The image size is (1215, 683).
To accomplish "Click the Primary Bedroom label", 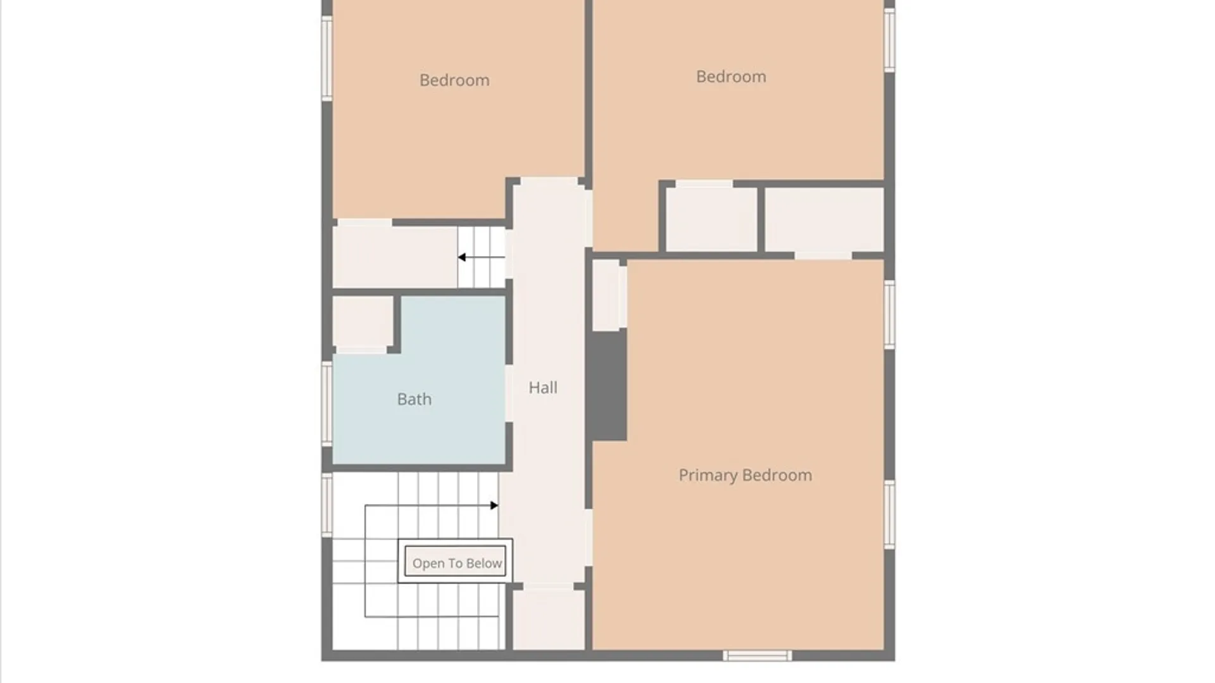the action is pyautogui.click(x=745, y=475).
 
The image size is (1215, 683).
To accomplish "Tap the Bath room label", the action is pyautogui.click(x=414, y=399).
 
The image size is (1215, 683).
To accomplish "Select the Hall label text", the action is pyautogui.click(x=543, y=388).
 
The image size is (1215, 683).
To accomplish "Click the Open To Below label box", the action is pyautogui.click(x=456, y=561).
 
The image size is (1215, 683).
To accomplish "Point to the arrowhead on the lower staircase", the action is pyautogui.click(x=494, y=505).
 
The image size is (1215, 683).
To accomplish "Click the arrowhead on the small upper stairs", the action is pyautogui.click(x=462, y=257).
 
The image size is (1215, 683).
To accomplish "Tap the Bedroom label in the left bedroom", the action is pyautogui.click(x=454, y=80).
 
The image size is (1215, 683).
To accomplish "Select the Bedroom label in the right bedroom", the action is pyautogui.click(x=731, y=77).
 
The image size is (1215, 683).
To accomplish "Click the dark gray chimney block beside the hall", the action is pyautogui.click(x=607, y=385).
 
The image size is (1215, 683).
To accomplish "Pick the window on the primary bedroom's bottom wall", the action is pyautogui.click(x=757, y=656).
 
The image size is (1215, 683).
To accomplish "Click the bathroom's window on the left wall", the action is pyautogui.click(x=327, y=403).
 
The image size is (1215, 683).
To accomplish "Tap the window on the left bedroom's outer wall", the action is pyautogui.click(x=327, y=58).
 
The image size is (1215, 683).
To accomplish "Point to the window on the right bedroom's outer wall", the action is pyautogui.click(x=889, y=40).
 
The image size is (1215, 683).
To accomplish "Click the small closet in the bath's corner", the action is pyautogui.click(x=363, y=322).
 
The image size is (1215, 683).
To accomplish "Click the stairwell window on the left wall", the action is pyautogui.click(x=327, y=505).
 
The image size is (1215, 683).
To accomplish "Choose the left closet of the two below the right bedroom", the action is pyautogui.click(x=711, y=219).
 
